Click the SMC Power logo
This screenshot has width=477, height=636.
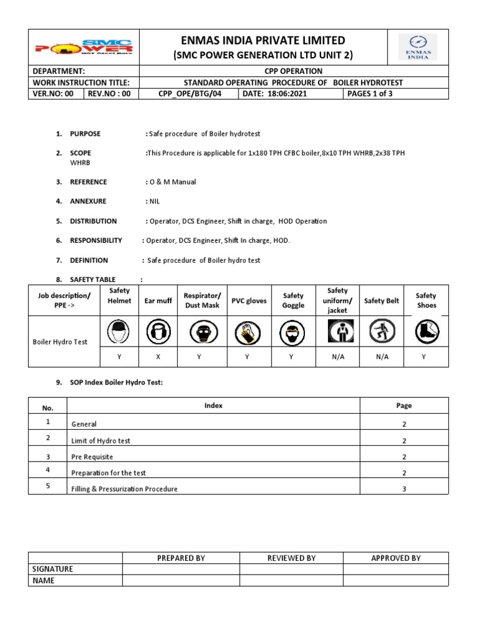(84, 47)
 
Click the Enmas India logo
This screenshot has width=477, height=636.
(417, 47)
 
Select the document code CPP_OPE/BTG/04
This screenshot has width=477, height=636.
(189, 94)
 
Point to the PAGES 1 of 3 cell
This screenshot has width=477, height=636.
(370, 94)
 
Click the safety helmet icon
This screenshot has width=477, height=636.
(119, 332)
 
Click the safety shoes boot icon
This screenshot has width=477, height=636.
(426, 332)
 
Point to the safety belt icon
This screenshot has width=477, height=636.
(381, 332)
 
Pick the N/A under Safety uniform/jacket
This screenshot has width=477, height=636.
(337, 357)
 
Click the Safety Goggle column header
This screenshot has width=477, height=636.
(293, 301)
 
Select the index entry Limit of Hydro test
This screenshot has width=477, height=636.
(101, 440)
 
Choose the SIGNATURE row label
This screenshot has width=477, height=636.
(52, 569)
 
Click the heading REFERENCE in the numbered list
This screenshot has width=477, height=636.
(88, 182)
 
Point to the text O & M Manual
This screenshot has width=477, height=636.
(173, 182)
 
